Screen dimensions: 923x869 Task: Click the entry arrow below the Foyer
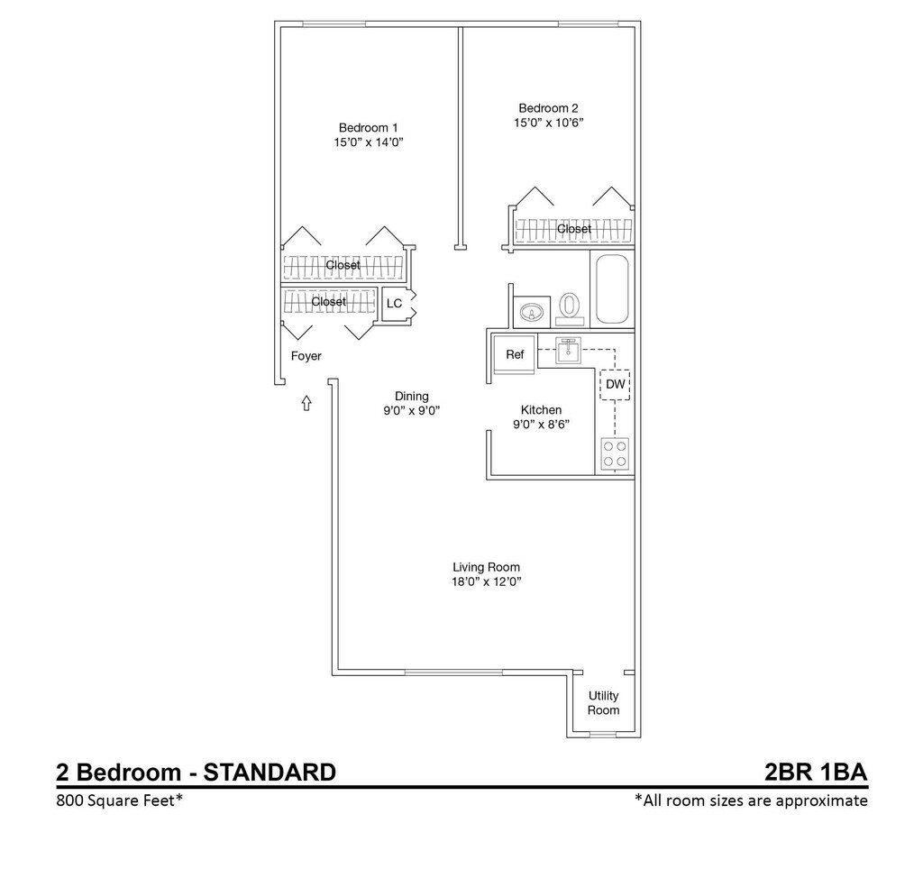pos(306,403)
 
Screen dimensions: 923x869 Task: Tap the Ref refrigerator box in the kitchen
pos(515,354)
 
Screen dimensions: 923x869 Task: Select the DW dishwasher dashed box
pos(615,384)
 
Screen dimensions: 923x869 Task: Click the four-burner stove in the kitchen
pos(615,454)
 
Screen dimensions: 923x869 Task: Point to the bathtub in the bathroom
pos(612,289)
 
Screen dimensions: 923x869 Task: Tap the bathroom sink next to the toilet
pos(532,313)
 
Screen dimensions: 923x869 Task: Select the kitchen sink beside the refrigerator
pos(568,351)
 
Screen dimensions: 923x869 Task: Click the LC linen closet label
pos(395,303)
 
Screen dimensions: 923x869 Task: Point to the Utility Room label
pos(603,703)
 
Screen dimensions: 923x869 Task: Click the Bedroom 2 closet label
pos(574,228)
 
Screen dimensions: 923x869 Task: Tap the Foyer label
pos(306,356)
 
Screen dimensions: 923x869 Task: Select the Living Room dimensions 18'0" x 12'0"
pos(486,582)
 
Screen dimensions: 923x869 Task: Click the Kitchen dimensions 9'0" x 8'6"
pos(541,425)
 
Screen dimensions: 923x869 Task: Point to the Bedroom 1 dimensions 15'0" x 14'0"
pos(369,142)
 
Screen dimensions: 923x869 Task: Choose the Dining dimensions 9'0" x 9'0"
pos(411,411)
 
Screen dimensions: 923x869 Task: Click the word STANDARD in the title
pos(270,772)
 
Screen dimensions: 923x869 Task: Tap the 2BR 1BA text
pos(816,772)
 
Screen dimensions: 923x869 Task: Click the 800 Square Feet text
pos(120,800)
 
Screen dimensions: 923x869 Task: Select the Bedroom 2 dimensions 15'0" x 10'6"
pos(548,123)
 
